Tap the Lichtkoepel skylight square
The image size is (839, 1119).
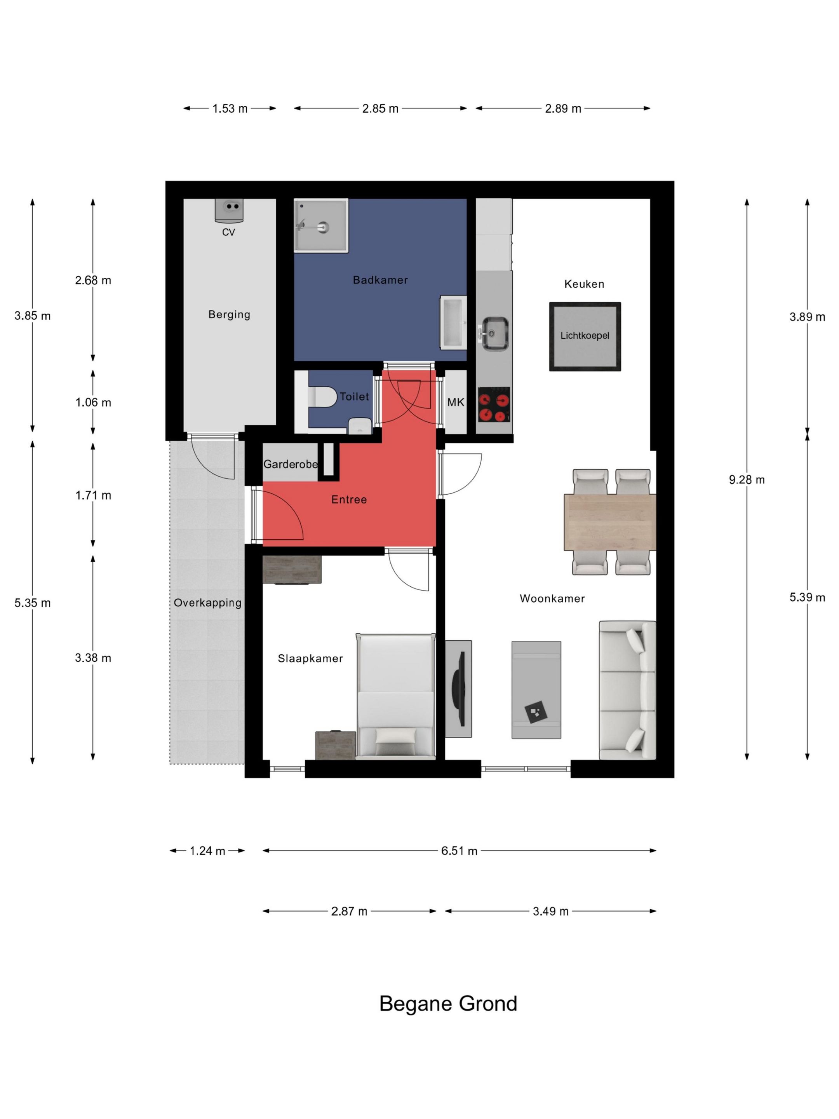(x=585, y=336)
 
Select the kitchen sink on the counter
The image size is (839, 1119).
(x=494, y=333)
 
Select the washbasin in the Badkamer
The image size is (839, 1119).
(x=453, y=322)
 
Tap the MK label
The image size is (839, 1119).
(x=455, y=402)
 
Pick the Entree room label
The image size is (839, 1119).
(x=349, y=499)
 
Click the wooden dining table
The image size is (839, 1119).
(x=610, y=522)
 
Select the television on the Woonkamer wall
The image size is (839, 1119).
(x=459, y=688)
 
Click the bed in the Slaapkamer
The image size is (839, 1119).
(x=395, y=696)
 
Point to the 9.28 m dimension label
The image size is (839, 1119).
(x=747, y=479)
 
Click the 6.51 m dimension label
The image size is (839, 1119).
(x=459, y=851)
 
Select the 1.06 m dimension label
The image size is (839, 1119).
(x=93, y=402)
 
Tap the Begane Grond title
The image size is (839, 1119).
(x=448, y=1004)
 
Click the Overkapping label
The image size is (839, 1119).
(x=207, y=603)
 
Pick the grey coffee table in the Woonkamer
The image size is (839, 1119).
(x=536, y=690)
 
